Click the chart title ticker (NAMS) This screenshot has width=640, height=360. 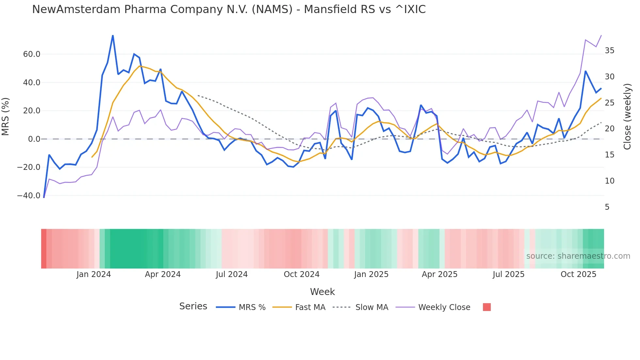[x=272, y=9]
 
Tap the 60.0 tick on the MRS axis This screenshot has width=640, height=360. [x=32, y=54]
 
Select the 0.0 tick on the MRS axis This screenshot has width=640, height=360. [x=34, y=139]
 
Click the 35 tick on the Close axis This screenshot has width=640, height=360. [x=609, y=51]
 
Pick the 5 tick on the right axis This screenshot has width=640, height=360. [x=607, y=207]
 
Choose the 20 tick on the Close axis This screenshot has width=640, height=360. [x=609, y=129]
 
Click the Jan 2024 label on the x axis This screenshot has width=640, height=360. [x=94, y=274]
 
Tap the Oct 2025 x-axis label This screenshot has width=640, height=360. [x=578, y=274]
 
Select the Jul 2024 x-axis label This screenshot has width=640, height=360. [x=232, y=274]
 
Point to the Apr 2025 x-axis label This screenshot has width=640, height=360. [x=440, y=274]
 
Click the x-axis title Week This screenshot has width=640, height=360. [x=322, y=292]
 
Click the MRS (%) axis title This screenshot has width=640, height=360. [x=6, y=117]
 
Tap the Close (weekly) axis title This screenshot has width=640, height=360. [x=627, y=117]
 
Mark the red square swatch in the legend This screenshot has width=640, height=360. [x=487, y=307]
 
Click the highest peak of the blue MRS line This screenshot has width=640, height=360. [x=113, y=36]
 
